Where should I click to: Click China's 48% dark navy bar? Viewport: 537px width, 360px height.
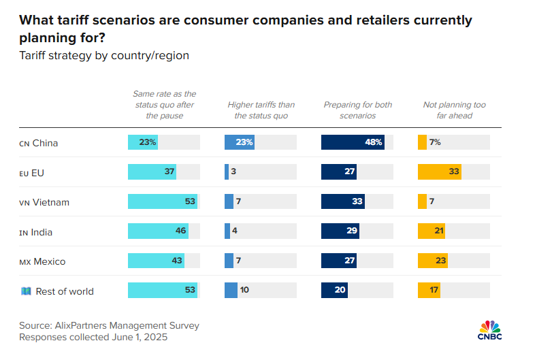pyautogui.click(x=353, y=142)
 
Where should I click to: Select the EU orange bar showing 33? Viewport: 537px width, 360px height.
pyautogui.click(x=440, y=171)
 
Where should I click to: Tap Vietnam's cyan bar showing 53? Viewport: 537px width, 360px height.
pyautogui.click(x=163, y=201)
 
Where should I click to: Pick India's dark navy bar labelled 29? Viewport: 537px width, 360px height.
pyautogui.click(x=340, y=231)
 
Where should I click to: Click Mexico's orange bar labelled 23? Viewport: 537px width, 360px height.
pyautogui.click(x=433, y=261)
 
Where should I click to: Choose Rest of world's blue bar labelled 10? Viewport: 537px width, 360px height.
pyautogui.click(x=231, y=290)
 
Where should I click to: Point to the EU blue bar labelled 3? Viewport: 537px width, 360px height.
pyautogui.click(x=227, y=171)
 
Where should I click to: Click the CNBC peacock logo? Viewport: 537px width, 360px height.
pyautogui.click(x=490, y=330)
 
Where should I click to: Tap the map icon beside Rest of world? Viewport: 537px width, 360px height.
pyautogui.click(x=26, y=291)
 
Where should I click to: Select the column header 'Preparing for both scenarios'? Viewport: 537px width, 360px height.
pyautogui.click(x=357, y=110)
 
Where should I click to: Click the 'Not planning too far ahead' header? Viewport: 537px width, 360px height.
pyautogui.click(x=454, y=110)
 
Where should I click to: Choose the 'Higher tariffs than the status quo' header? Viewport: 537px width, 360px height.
pyautogui.click(x=261, y=110)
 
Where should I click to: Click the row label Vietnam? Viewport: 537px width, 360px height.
pyautogui.click(x=50, y=202)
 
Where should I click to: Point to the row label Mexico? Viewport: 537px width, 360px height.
pyautogui.click(x=49, y=262)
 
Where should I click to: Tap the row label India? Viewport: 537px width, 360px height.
pyautogui.click(x=42, y=232)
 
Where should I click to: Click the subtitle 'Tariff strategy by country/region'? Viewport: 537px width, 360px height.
pyautogui.click(x=104, y=56)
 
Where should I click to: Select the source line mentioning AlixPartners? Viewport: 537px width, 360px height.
pyautogui.click(x=109, y=325)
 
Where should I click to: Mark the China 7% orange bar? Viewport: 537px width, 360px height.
pyautogui.click(x=422, y=142)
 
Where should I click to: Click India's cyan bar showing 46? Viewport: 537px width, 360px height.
pyautogui.click(x=158, y=231)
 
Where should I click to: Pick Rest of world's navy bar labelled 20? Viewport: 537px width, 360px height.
pyautogui.click(x=334, y=290)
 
